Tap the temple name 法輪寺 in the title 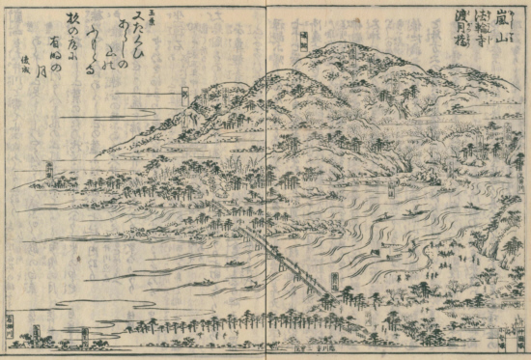pyautogui.click(x=490, y=32)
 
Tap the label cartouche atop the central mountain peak pyautogui.click(x=305, y=41)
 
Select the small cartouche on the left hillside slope pyautogui.click(x=184, y=95)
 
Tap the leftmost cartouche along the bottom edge pyautogui.click(x=11, y=325)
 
